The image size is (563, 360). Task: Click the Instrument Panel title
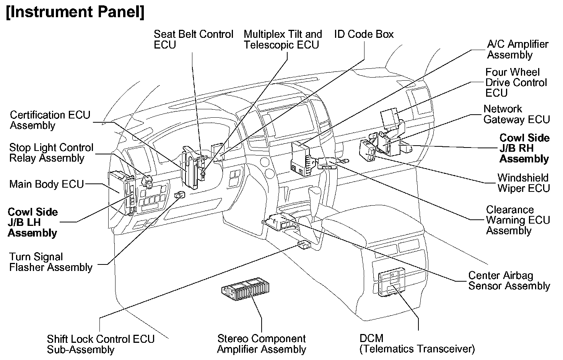75,12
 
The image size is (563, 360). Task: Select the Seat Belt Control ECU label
193,39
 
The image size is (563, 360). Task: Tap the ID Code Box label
364,34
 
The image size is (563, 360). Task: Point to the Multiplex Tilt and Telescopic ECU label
283,39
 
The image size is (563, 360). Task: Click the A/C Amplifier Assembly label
517,49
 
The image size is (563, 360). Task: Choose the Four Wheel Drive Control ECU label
516,83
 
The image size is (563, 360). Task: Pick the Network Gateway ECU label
516,114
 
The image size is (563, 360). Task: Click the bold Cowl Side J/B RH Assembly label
524,148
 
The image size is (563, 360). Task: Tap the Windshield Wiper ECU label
523,183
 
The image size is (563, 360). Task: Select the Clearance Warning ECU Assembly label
517,220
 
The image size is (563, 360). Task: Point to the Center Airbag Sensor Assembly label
509,281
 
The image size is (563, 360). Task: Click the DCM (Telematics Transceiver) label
417,344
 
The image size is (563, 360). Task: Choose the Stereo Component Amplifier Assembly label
262,344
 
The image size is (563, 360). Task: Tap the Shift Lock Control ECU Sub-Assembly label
101,344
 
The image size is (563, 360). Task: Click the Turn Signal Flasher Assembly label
51,262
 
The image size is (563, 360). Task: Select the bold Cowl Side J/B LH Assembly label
33,222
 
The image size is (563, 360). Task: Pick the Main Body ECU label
46,184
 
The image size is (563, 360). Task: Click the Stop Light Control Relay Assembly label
51,152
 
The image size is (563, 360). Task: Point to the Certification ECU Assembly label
50,120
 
